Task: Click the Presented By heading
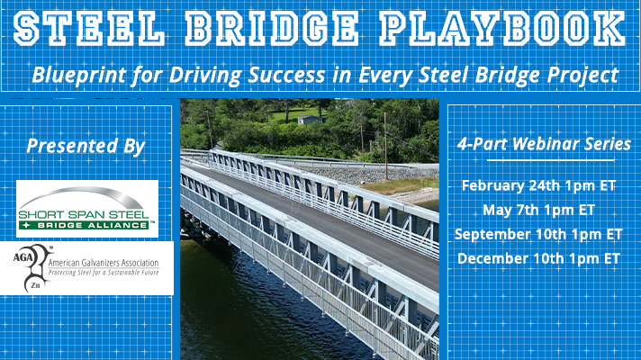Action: click(85, 147)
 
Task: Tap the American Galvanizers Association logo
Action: click(86, 267)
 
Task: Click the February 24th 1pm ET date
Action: click(538, 185)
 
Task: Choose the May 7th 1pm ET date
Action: click(538, 210)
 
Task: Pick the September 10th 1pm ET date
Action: click(538, 234)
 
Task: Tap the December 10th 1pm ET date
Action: click(538, 258)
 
